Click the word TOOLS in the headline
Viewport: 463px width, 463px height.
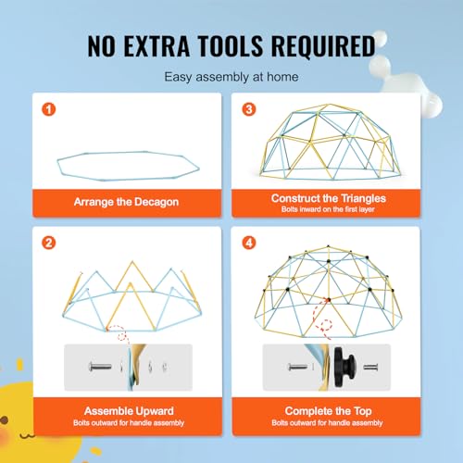click(231, 46)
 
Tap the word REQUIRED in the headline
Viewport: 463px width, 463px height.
click(323, 46)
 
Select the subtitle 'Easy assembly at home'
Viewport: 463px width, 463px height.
click(231, 77)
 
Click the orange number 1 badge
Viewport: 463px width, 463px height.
click(49, 109)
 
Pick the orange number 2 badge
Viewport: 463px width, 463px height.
click(49, 243)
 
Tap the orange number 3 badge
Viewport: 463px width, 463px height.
click(249, 109)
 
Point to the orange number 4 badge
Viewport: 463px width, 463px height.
click(249, 243)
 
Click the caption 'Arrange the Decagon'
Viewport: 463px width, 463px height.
click(126, 202)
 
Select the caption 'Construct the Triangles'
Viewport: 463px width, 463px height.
click(329, 198)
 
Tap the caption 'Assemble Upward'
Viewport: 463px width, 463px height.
click(129, 411)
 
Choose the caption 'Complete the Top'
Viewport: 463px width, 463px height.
click(328, 411)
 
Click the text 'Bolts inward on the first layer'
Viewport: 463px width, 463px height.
click(328, 209)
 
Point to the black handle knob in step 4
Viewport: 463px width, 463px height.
click(344, 367)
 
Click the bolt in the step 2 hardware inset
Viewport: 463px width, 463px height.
click(100, 367)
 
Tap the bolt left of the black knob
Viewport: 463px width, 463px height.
click(297, 367)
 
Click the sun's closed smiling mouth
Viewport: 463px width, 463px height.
click(27, 436)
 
